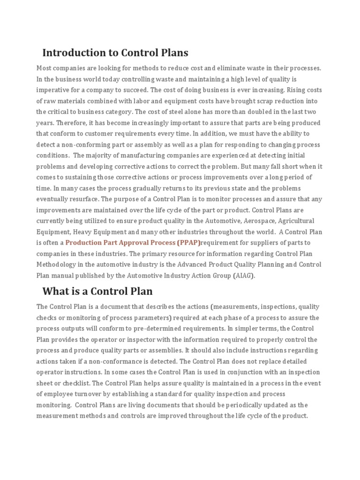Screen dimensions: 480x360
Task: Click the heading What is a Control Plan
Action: click(x=97, y=291)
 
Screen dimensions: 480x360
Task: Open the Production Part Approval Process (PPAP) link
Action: click(x=133, y=242)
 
